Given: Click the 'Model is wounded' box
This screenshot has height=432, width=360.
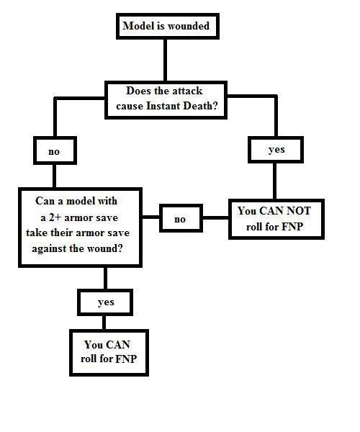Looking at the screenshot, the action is click(x=168, y=26).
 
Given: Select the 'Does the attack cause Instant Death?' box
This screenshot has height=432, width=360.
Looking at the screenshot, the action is click(x=166, y=100).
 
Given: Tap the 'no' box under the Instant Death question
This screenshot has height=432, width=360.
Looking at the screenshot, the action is click(x=55, y=150).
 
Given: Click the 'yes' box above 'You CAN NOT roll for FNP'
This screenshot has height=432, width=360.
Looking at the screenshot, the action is click(x=276, y=150).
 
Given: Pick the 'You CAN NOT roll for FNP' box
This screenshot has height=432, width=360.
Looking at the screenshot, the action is click(x=276, y=219).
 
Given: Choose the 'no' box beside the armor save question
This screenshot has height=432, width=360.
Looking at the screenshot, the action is click(x=181, y=218).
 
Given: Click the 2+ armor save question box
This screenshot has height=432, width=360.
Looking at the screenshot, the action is click(x=80, y=228).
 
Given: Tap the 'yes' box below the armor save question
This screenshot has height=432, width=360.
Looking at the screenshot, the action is click(x=105, y=302).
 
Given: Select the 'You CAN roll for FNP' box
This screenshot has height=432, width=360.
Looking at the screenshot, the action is click(x=109, y=353).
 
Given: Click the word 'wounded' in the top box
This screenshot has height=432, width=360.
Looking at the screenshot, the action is click(x=189, y=26).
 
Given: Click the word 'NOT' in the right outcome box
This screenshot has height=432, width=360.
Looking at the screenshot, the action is click(x=299, y=211).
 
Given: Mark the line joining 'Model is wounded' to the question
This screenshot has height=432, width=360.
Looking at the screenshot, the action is click(x=166, y=60).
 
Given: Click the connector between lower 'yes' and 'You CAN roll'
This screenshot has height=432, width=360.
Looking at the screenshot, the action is click(x=104, y=323).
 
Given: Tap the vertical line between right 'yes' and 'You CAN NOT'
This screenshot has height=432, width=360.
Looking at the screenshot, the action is click(x=274, y=181).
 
